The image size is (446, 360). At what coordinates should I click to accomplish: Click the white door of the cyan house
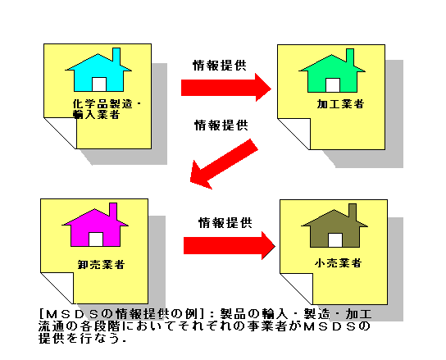99,84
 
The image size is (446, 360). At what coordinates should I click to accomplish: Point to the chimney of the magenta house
113,212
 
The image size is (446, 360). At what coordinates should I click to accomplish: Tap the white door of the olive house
335,240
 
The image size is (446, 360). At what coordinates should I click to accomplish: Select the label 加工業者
340,104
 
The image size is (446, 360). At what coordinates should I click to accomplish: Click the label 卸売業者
102,264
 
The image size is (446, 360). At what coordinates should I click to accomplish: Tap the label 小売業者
339,262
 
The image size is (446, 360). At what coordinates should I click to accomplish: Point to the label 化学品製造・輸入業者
107,109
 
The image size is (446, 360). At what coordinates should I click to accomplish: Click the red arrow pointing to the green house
226,88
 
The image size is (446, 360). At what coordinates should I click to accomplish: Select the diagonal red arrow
224,164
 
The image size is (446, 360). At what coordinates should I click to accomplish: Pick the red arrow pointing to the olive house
230,245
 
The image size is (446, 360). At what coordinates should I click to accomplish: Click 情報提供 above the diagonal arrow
221,125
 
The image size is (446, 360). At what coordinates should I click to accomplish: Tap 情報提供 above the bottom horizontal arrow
225,222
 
